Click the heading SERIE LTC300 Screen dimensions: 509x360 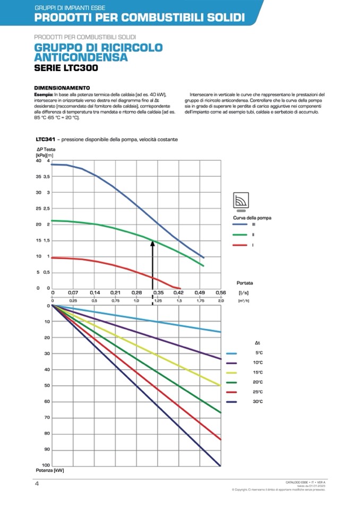66,68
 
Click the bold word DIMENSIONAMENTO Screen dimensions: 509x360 62,88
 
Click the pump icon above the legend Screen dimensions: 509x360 242,201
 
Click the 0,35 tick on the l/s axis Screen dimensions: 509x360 158,292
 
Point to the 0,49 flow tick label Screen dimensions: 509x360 200,292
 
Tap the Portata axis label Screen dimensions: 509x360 245,283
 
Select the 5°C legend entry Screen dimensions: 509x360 258,353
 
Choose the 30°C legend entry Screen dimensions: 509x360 258,401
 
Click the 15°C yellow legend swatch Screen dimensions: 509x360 232,373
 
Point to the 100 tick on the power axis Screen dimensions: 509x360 46,465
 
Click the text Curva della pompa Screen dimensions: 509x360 252,218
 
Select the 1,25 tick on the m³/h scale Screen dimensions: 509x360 158,301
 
